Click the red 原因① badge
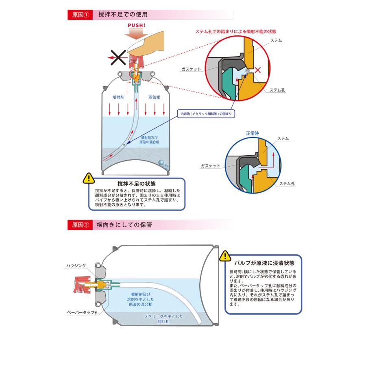pyautogui.click(x=80, y=15)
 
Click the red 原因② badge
pyautogui.click(x=80, y=224)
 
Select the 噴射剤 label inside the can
pyautogui.click(x=118, y=98)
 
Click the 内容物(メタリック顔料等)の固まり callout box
pyautogui.click(x=207, y=114)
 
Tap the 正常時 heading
pyautogui.click(x=252, y=133)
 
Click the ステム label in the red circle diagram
pyautogui.click(x=277, y=41)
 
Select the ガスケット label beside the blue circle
pyautogui.click(x=210, y=166)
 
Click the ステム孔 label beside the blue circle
pyautogui.click(x=287, y=184)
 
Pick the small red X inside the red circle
pyautogui.click(x=257, y=70)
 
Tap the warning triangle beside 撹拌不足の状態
pyautogui.click(x=88, y=178)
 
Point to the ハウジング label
pyautogui.click(x=76, y=266)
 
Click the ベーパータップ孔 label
pyautogui.click(x=83, y=313)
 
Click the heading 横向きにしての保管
pyautogui.click(x=124, y=224)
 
